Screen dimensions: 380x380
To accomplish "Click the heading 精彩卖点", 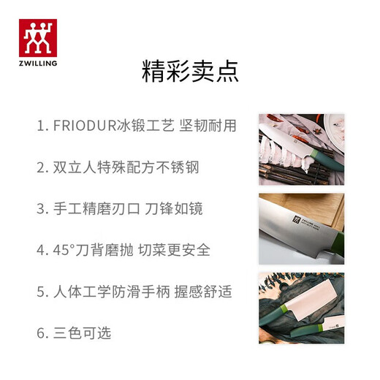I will [x=189, y=72].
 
